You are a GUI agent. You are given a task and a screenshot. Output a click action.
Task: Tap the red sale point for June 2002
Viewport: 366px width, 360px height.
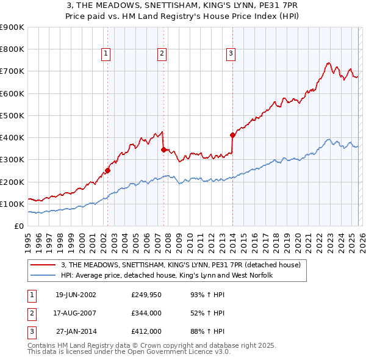coord(107,171)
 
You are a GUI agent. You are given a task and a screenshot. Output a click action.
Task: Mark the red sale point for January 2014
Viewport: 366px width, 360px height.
coord(232,135)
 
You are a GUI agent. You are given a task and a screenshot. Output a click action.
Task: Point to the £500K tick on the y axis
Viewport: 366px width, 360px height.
coord(12,115)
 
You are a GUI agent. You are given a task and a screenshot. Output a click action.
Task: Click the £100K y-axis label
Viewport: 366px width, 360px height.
coord(12,204)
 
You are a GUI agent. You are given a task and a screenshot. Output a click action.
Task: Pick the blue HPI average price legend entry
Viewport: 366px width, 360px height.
coord(166,276)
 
